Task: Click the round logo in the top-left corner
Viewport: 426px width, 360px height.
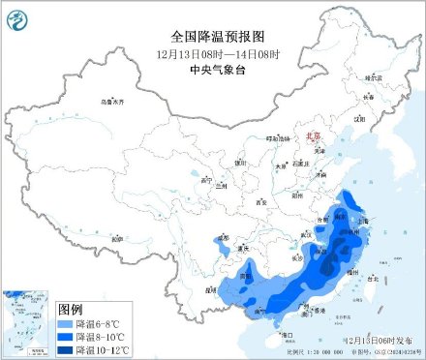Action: pyautogui.click(x=16, y=16)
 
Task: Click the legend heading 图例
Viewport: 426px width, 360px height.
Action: pyautogui.click(x=72, y=305)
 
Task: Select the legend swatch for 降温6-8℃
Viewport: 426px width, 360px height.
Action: pyautogui.click(x=67, y=321)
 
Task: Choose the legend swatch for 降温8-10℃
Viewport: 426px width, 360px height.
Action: pyautogui.click(x=67, y=334)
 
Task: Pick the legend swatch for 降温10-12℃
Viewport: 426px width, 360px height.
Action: pyautogui.click(x=67, y=347)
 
